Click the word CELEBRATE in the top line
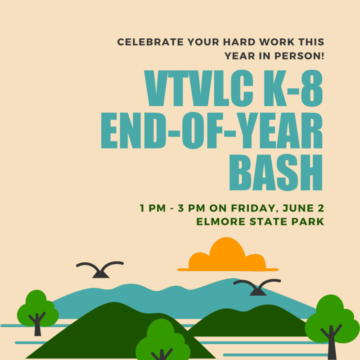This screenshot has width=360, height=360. click(150, 42)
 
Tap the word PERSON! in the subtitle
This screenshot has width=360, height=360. click(299, 56)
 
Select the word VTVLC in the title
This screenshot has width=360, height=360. click(198, 88)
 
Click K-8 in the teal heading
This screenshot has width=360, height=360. click(293, 88)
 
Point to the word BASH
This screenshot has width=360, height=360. click(276, 173)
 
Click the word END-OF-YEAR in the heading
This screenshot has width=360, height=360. click(211, 130)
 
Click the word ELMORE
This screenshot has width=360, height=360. click(221, 221)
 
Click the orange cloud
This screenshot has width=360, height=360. click(228, 255)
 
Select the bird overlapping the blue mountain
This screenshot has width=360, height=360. click(257, 288)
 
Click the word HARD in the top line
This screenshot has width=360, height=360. click(239, 42)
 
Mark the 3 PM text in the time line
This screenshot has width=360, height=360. click(192, 208)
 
